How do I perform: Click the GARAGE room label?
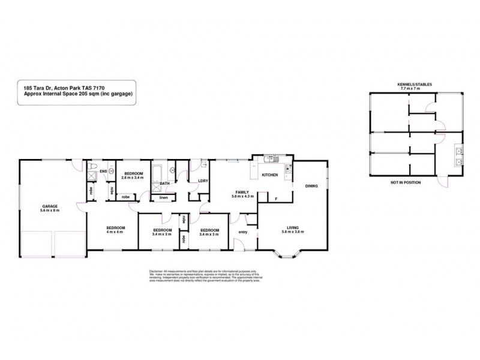pyautogui.click(x=50, y=206)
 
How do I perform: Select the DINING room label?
pyautogui.click(x=311, y=185)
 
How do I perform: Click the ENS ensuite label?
pyautogui.click(x=103, y=171)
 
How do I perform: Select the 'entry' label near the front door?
pyautogui.click(x=243, y=232)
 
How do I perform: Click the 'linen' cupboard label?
pyautogui.click(x=163, y=196)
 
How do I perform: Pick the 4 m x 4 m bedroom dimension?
pyautogui.click(x=115, y=232)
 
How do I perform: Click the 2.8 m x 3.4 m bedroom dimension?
pyautogui.click(x=133, y=177)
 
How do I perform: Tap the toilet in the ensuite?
pyautogui.click(x=90, y=167)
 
